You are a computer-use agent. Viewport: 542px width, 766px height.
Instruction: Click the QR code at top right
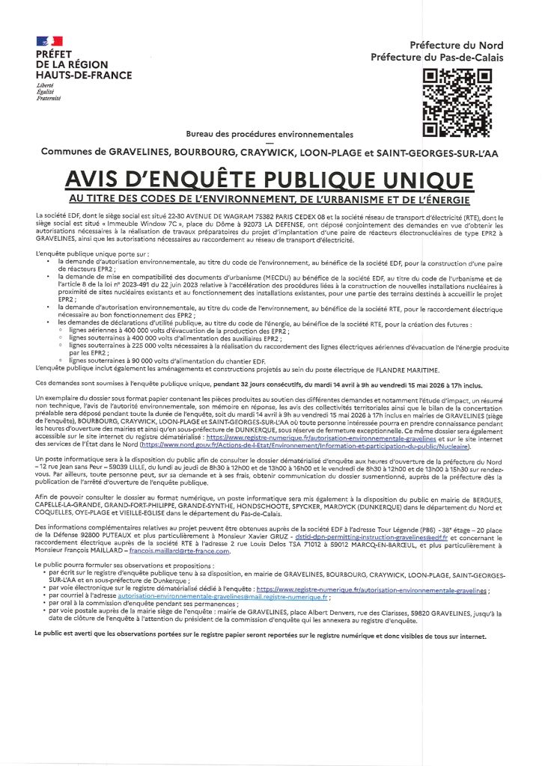pos(457,102)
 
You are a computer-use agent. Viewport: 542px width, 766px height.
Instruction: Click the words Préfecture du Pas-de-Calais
pos(437,58)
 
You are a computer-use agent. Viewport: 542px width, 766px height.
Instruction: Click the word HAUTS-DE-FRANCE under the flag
pos(83,75)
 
